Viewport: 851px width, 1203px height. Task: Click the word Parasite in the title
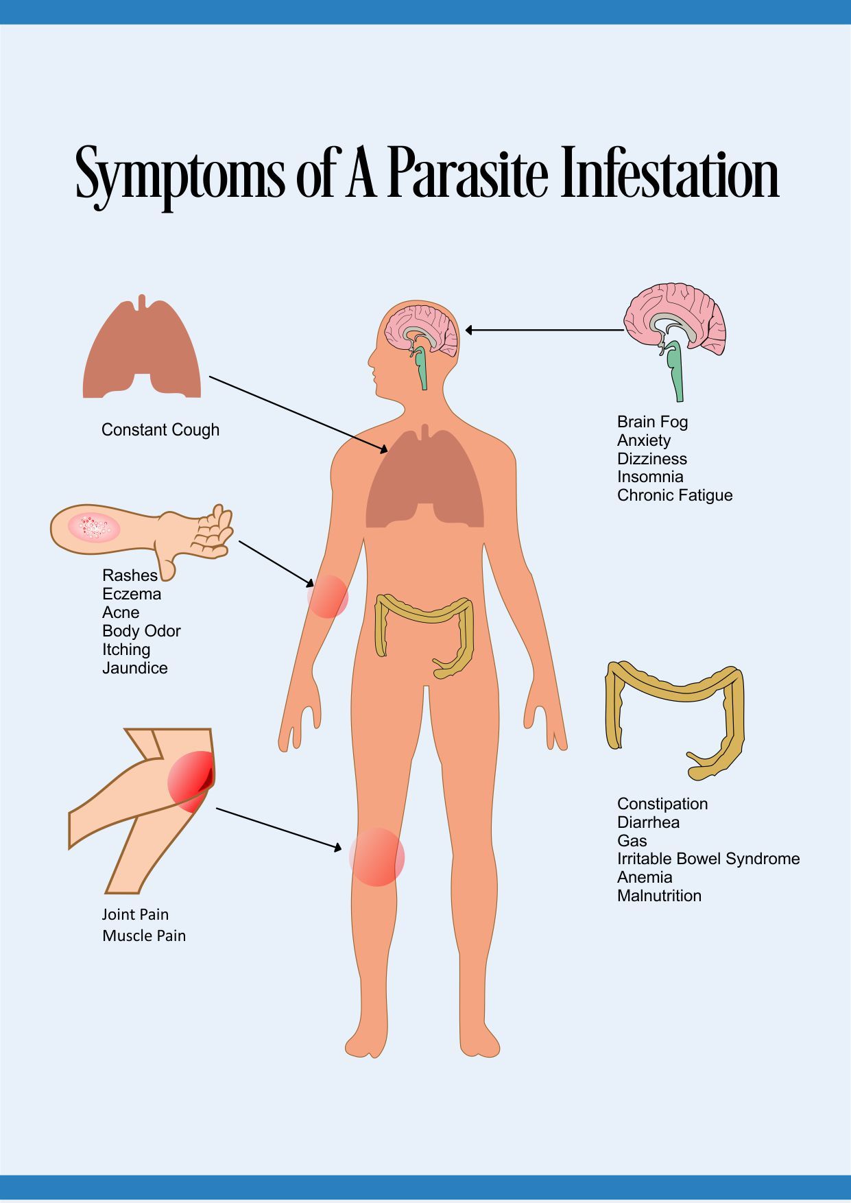(x=468, y=173)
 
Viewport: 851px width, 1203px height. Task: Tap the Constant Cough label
(x=160, y=430)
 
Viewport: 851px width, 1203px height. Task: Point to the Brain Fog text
(x=652, y=422)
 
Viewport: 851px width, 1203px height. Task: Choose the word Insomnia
(x=650, y=477)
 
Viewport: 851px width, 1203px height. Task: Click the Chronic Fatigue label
(x=675, y=495)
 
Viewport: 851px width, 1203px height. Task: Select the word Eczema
(x=132, y=594)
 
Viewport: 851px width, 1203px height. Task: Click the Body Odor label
(x=141, y=631)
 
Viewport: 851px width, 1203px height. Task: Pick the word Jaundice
(x=135, y=668)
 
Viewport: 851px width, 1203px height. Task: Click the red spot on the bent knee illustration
(x=191, y=781)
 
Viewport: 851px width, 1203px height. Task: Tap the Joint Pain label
(x=135, y=914)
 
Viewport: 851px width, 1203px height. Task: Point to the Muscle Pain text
(x=144, y=936)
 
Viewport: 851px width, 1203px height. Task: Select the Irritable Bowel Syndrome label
(x=708, y=859)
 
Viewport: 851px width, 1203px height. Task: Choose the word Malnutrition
(x=659, y=896)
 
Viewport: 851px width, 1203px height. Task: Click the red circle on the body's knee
(x=376, y=857)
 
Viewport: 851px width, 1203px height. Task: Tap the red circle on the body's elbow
(x=328, y=596)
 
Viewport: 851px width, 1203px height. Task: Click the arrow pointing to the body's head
(x=544, y=330)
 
